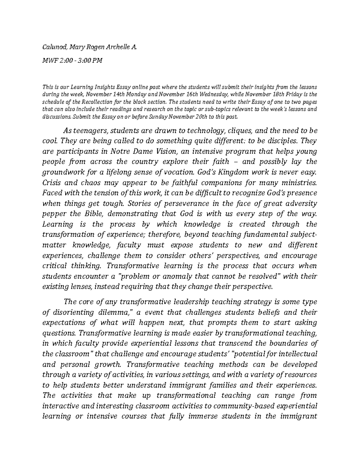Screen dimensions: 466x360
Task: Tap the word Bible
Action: [94, 214]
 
